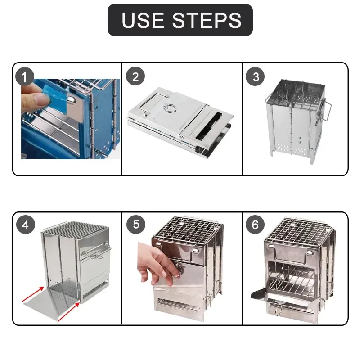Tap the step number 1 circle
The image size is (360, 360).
(25, 76)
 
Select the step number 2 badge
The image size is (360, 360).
(136, 76)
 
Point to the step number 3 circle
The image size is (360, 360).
(256, 76)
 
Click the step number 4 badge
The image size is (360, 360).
(25, 225)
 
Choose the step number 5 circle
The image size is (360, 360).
(136, 225)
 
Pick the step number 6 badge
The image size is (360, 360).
(256, 225)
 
